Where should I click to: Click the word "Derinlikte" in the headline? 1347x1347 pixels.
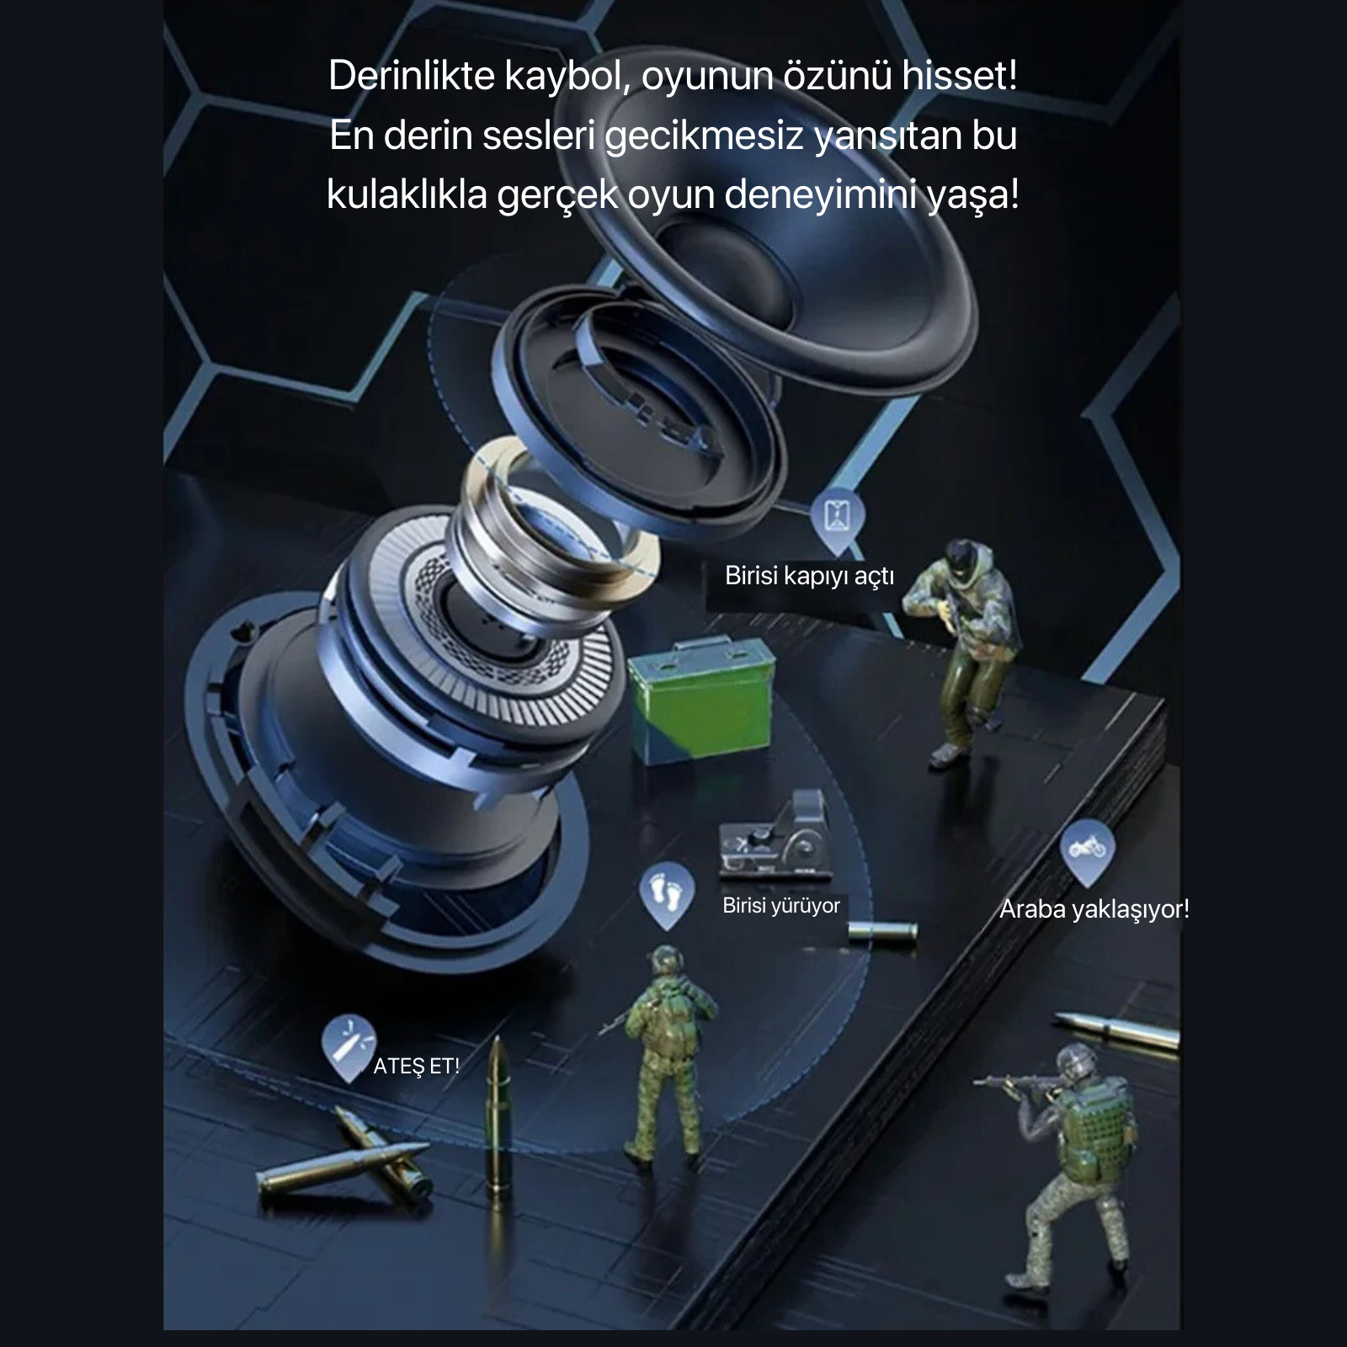[411, 76]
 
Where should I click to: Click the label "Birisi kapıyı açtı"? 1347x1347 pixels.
[809, 577]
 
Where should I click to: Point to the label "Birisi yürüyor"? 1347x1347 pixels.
[781, 906]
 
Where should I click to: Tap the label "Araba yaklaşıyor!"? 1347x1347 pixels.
[1094, 909]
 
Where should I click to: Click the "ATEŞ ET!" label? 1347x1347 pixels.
[417, 1067]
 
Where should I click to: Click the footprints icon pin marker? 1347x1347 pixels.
[666, 892]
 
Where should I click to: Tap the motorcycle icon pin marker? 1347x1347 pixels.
[1087, 848]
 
